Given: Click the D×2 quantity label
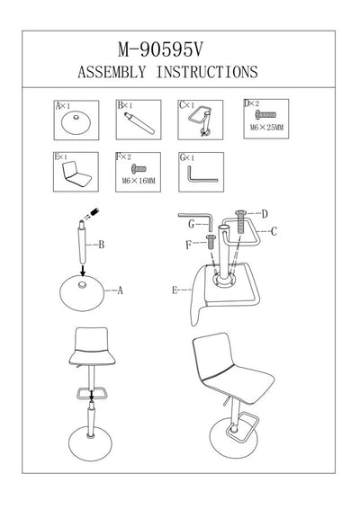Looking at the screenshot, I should [254, 105].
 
